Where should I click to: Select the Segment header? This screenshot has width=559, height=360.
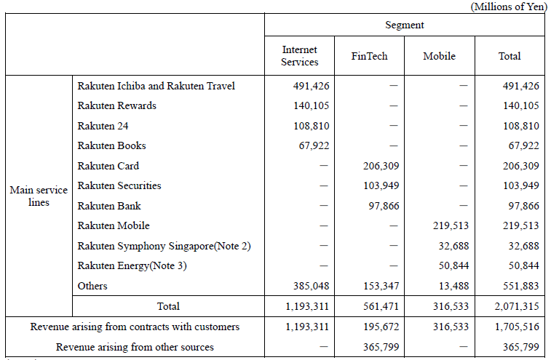click(x=405, y=25)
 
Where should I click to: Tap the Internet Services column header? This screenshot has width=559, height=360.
click(x=300, y=56)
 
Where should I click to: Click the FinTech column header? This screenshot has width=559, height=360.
click(x=369, y=56)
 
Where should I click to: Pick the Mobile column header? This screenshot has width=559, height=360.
click(x=439, y=56)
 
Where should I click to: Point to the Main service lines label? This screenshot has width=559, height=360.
click(x=39, y=196)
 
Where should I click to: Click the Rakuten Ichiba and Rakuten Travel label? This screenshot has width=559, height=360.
click(x=156, y=86)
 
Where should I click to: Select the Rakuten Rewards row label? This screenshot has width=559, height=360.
click(x=116, y=105)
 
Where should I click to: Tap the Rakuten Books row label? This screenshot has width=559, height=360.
click(x=111, y=145)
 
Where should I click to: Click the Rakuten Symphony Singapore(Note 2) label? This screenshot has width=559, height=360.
click(x=164, y=246)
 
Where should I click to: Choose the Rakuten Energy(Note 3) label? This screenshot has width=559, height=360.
click(x=132, y=265)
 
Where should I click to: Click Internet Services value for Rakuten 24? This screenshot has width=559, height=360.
click(x=311, y=126)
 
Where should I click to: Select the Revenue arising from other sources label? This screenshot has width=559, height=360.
click(x=135, y=347)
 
